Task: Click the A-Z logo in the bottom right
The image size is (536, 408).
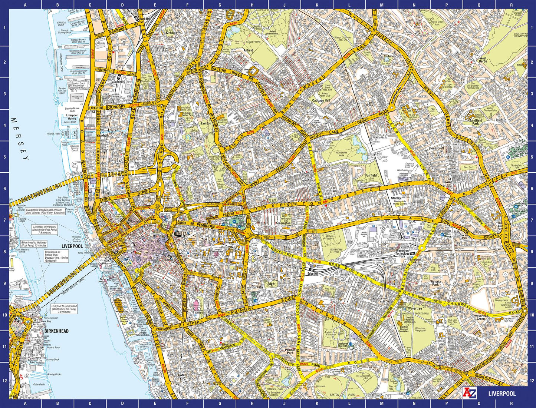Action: (468, 393)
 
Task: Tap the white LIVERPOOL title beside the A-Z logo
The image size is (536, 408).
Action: (502, 393)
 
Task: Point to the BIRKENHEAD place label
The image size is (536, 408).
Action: (56, 331)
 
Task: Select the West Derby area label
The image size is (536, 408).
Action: (483, 60)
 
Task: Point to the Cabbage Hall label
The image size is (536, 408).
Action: (321, 100)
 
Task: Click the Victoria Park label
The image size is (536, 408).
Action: (435, 283)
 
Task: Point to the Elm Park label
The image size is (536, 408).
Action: (334, 189)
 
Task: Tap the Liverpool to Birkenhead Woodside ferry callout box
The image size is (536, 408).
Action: (64, 309)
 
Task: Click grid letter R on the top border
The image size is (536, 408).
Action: (511, 5)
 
